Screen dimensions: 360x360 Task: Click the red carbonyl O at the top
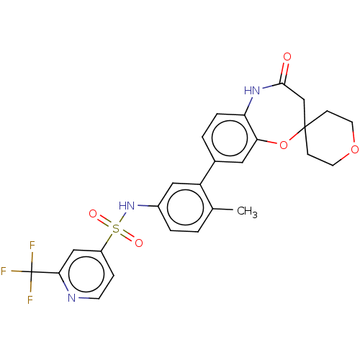pyautogui.click(x=287, y=56)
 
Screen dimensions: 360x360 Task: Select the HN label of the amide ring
pyautogui.click(x=251, y=91)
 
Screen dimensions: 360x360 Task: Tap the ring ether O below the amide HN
pyautogui.click(x=283, y=146)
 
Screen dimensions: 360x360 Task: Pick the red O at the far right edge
pyautogui.click(x=354, y=150)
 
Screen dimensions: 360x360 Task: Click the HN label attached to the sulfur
pyautogui.click(x=127, y=206)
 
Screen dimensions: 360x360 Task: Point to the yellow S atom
pyautogui.click(x=115, y=229)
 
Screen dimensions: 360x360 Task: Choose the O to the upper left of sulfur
pyautogui.click(x=93, y=215)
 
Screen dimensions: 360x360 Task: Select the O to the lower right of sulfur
pyautogui.click(x=138, y=243)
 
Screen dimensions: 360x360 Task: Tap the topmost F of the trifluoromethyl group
pyautogui.click(x=32, y=246)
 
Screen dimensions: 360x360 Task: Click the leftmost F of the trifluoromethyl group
pyautogui.click(x=4, y=271)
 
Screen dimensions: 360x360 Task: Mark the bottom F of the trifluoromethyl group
pyautogui.click(x=30, y=300)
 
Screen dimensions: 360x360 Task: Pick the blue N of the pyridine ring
pyautogui.click(x=72, y=297)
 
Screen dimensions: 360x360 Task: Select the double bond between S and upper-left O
pyautogui.click(x=104, y=222)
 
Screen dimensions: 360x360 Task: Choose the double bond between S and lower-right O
pyautogui.click(x=127, y=236)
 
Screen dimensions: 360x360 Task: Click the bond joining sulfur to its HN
pyautogui.click(x=120, y=218)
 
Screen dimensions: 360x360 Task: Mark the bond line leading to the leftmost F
pyautogui.click(x=18, y=271)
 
